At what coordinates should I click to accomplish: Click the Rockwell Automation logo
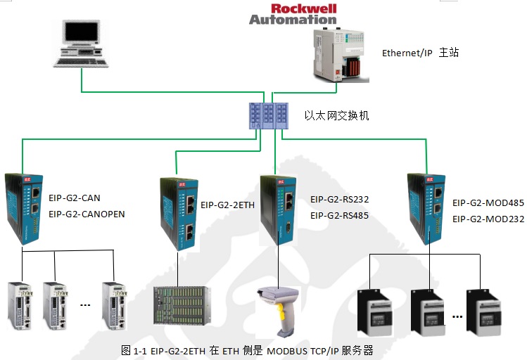(x=293, y=13)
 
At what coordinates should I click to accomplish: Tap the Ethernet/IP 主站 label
(x=420, y=53)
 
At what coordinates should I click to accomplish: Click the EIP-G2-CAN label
(x=75, y=198)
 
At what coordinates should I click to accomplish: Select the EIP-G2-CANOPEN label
(x=87, y=214)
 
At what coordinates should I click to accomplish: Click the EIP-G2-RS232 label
(x=339, y=199)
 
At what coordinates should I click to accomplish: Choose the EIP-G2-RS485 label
(x=339, y=215)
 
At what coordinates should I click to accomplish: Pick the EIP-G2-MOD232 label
(x=488, y=219)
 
